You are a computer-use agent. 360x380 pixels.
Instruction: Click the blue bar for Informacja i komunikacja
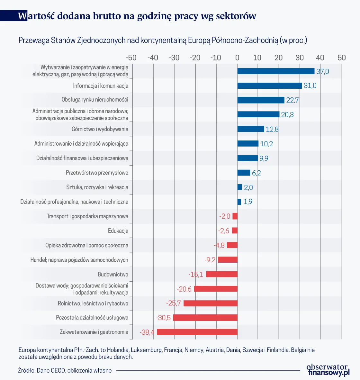(269, 86)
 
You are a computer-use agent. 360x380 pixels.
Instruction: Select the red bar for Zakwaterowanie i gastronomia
(197, 332)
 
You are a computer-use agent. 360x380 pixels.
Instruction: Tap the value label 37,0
(322, 71)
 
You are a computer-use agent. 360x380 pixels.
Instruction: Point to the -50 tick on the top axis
(131, 58)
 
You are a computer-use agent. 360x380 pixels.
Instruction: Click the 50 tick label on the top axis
(341, 58)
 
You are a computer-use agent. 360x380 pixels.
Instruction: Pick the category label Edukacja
(118, 231)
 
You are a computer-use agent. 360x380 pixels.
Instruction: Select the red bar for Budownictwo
(221, 274)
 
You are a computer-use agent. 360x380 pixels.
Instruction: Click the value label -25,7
(174, 303)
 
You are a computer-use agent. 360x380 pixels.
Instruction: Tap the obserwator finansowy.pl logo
(328, 370)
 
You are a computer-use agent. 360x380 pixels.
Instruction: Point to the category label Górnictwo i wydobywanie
(100, 129)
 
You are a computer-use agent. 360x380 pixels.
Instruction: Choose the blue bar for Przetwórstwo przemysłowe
(244, 173)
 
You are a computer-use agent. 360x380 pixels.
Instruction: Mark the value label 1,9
(248, 202)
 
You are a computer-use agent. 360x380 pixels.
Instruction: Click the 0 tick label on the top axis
(237, 58)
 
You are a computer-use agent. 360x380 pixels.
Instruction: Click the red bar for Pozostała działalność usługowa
(205, 318)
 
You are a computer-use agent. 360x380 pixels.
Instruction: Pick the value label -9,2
(210, 260)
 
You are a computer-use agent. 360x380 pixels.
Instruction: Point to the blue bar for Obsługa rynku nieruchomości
(261, 100)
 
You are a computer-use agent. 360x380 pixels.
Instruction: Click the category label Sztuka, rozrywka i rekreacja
(97, 187)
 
